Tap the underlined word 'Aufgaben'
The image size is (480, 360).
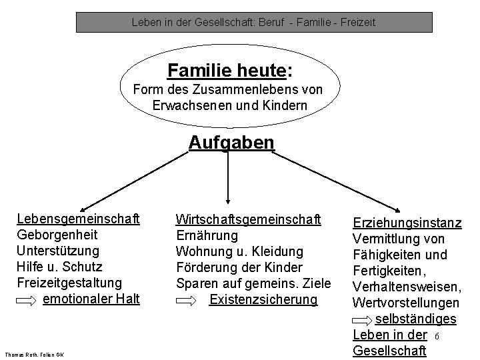pyautogui.click(x=231, y=143)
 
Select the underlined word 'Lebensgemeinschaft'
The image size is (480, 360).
pyautogui.click(x=78, y=219)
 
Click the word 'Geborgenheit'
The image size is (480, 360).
pyautogui.click(x=57, y=235)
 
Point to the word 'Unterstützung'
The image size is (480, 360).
pyautogui.click(x=58, y=251)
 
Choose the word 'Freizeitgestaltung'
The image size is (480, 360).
pyautogui.click(x=69, y=283)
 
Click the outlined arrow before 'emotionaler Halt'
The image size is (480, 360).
pyautogui.click(x=27, y=300)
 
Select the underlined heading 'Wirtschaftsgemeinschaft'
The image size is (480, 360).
pyautogui.click(x=248, y=219)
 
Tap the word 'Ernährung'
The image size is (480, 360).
pyautogui.click(x=207, y=235)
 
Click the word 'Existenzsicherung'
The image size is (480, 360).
pyautogui.click(x=263, y=299)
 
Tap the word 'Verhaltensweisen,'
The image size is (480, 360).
pyautogui.click(x=405, y=287)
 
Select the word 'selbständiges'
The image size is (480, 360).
pyautogui.click(x=416, y=319)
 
